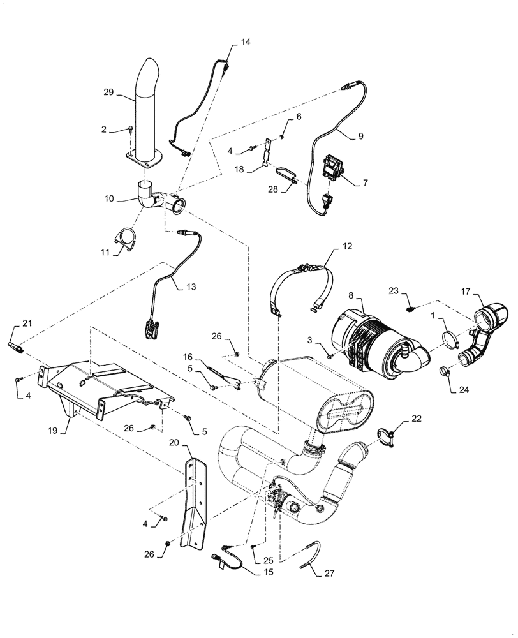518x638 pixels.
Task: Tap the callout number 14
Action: pyautogui.click(x=246, y=42)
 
